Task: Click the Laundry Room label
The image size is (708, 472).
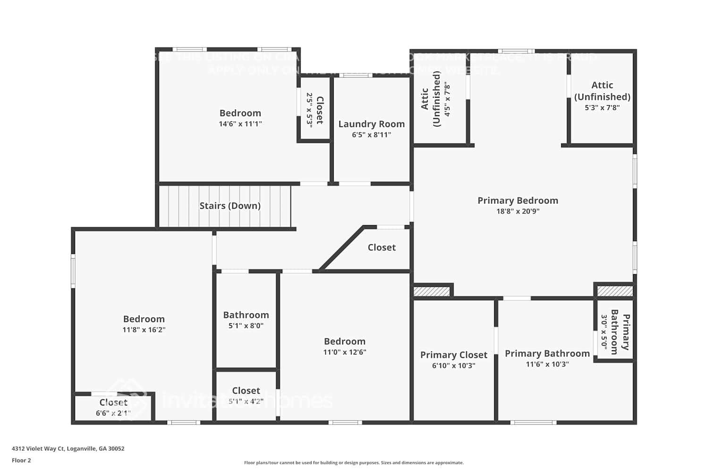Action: click(371, 124)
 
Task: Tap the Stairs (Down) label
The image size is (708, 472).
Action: click(230, 206)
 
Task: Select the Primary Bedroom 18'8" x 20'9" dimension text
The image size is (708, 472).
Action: click(518, 211)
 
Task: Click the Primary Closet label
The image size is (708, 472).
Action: click(454, 355)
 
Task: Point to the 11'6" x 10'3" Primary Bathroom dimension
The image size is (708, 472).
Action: click(547, 364)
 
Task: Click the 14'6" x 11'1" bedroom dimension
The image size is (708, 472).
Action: click(240, 124)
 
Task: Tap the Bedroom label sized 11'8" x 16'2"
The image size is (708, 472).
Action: click(144, 319)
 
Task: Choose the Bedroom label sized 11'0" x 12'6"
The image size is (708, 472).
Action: click(345, 341)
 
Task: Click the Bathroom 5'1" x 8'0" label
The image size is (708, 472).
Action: click(246, 315)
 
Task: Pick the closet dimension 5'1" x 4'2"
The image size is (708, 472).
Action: click(246, 402)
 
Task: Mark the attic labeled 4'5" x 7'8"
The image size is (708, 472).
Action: click(437, 99)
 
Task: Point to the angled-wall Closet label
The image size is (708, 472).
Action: click(381, 247)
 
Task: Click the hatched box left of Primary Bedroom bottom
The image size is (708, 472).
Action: click(432, 291)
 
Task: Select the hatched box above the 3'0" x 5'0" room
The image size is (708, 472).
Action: click(615, 291)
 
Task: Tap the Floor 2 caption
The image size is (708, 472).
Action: click(21, 461)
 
